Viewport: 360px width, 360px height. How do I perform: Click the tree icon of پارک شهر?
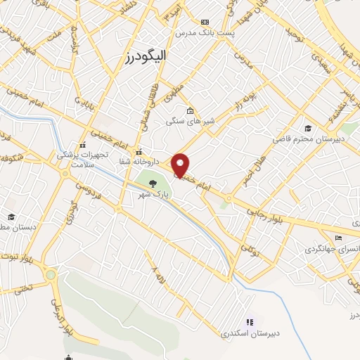coord(153,184)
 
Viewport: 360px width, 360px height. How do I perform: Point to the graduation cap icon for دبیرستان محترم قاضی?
coord(308,127)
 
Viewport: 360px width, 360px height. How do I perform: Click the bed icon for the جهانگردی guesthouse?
coord(338,238)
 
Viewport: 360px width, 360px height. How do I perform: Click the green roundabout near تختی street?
coord(50,274)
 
